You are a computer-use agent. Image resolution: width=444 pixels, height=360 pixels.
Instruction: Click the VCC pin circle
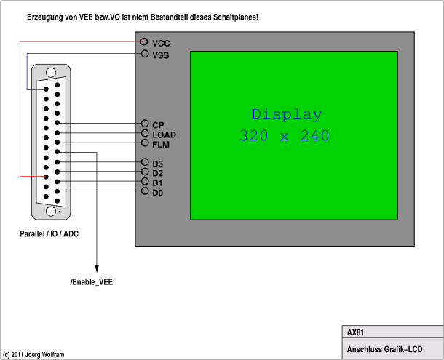[x=146, y=44]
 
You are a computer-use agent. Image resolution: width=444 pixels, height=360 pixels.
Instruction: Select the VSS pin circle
[x=146, y=55]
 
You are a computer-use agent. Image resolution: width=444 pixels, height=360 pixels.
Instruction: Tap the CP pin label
[x=158, y=125]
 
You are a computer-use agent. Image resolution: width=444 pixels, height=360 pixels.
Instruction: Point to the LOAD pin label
[x=164, y=135]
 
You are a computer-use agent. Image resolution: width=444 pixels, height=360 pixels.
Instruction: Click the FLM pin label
[x=161, y=144]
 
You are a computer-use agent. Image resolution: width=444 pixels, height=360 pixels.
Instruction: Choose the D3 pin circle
[x=146, y=163]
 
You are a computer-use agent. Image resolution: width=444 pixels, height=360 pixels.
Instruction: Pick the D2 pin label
[x=158, y=172]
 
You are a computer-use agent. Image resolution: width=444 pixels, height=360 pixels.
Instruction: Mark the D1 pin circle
[x=146, y=182]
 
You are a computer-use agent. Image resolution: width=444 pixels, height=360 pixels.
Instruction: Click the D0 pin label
[x=158, y=192]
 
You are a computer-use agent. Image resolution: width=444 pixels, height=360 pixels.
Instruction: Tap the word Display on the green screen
[x=286, y=115]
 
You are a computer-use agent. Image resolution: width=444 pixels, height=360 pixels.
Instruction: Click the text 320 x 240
[x=284, y=135]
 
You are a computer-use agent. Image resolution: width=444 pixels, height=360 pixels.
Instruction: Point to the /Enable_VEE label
[x=92, y=281]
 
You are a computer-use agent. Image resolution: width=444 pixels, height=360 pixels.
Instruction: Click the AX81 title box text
[x=356, y=332]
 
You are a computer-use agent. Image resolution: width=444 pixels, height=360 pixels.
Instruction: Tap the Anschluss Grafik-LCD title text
[x=384, y=350]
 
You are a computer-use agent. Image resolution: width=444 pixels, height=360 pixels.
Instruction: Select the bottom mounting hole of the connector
[x=51, y=211]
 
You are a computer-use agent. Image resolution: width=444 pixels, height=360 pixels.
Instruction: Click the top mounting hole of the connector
[x=51, y=73]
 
